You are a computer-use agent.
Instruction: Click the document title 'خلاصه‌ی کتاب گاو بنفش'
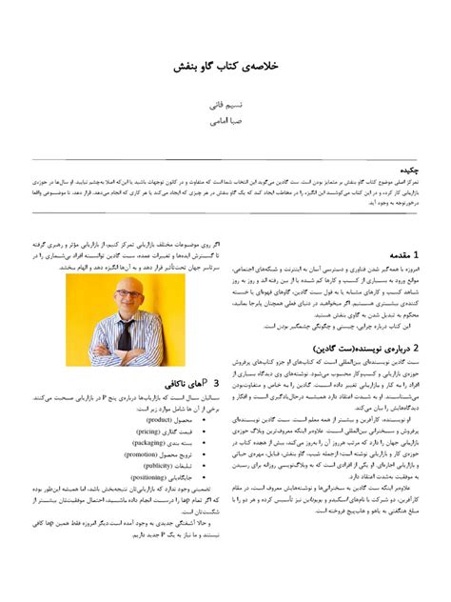pyautogui.click(x=225, y=69)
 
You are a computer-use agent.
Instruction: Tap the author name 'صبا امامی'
pyautogui.click(x=225, y=122)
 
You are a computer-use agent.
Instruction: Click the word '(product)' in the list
pyautogui.click(x=159, y=419)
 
